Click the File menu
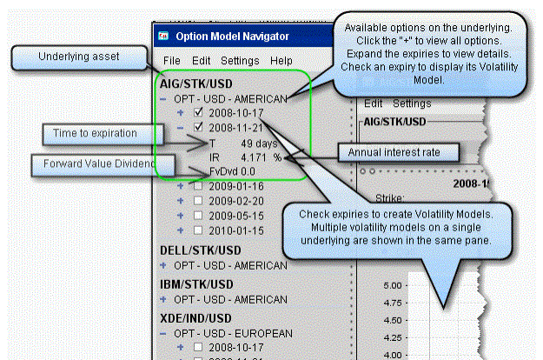pos(171,61)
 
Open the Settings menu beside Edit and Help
pos(239,61)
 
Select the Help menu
pos(281,61)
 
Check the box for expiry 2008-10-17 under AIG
pos(200,112)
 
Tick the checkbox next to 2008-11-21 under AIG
pos(200,127)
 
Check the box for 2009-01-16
pos(200,185)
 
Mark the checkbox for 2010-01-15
pos(200,230)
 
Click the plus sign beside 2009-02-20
pos(181,200)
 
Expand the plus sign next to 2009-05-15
pos(181,215)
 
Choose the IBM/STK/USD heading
pos(196,284)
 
